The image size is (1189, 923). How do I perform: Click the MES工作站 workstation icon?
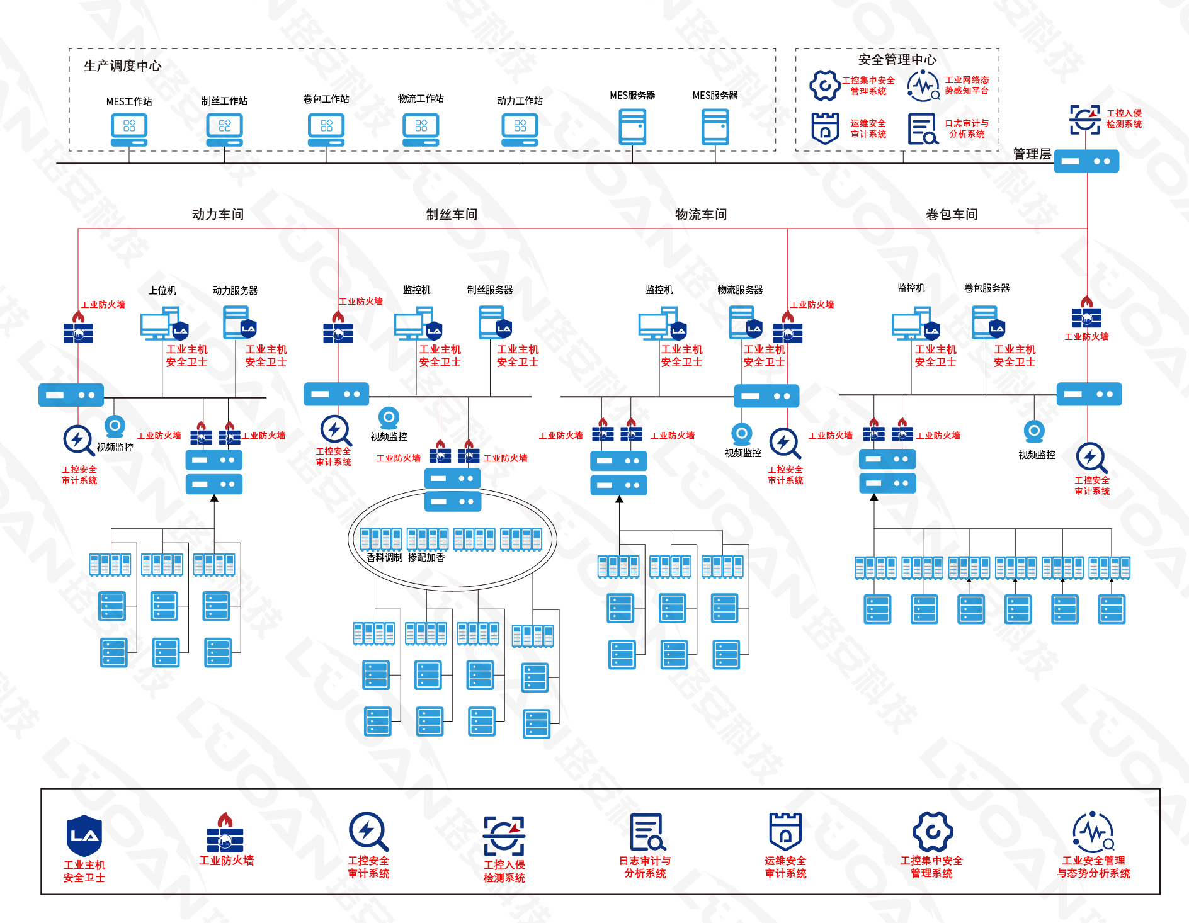tap(129, 129)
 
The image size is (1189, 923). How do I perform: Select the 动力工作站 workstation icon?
tap(520, 129)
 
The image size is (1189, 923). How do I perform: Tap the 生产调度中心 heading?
tap(123, 65)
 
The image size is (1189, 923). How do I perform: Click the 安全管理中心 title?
tap(897, 59)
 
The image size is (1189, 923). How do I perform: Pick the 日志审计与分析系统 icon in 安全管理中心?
tap(923, 128)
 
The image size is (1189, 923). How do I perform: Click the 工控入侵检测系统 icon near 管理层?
tap(1084, 120)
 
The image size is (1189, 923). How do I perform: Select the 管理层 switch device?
tap(1086, 161)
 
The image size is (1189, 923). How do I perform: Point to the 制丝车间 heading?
tap(452, 214)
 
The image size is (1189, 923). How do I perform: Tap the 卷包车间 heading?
tap(952, 214)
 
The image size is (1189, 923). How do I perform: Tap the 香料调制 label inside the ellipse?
tap(384, 557)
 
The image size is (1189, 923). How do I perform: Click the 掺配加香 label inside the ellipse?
tap(426, 557)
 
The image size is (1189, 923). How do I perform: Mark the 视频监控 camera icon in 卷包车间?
tap(1034, 431)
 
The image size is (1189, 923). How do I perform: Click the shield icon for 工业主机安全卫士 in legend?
tap(84, 835)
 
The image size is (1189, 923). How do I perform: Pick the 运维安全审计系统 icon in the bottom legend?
tap(785, 831)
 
